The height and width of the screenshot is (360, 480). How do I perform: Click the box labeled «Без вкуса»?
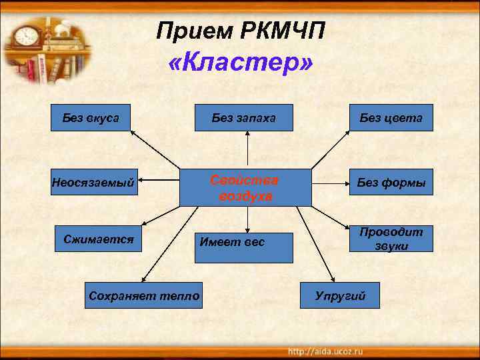[91, 119]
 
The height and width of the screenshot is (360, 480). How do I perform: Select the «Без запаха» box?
[245, 119]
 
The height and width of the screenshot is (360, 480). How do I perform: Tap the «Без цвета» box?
[391, 119]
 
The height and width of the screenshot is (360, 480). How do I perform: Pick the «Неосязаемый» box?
[93, 182]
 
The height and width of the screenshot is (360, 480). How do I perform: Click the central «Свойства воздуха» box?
[245, 188]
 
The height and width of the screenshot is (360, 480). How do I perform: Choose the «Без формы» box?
[391, 182]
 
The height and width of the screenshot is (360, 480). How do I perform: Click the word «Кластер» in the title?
[241, 63]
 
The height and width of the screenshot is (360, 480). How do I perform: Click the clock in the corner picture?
[26, 35]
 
